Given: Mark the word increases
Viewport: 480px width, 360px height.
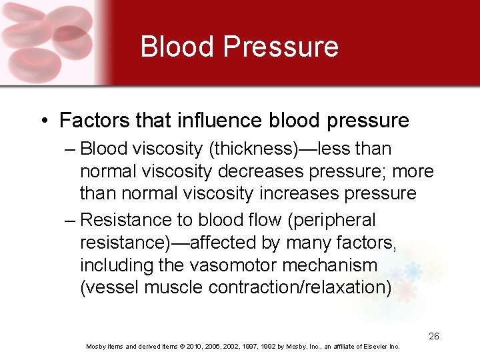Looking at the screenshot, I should pyautogui.click(x=305, y=194).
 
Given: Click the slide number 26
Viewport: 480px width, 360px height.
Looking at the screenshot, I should pyautogui.click(x=434, y=336).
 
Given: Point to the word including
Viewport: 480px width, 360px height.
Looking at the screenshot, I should pyautogui.click(x=117, y=265).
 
